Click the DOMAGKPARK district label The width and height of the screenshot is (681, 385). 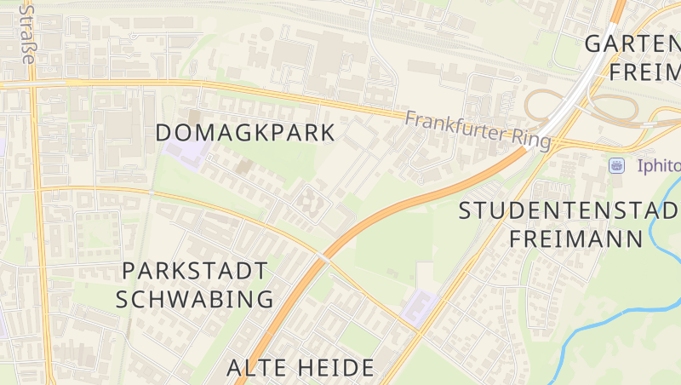(246, 133)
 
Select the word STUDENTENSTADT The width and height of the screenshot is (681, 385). (569, 210)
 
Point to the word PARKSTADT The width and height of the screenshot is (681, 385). (195, 272)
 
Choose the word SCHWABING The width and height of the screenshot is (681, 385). (195, 299)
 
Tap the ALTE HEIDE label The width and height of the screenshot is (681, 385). (300, 368)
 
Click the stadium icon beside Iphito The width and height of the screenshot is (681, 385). (617, 164)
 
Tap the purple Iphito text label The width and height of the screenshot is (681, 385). (658, 165)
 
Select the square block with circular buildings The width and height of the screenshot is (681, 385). (309, 202)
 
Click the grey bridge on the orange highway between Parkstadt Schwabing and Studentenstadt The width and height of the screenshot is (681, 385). (323, 256)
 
